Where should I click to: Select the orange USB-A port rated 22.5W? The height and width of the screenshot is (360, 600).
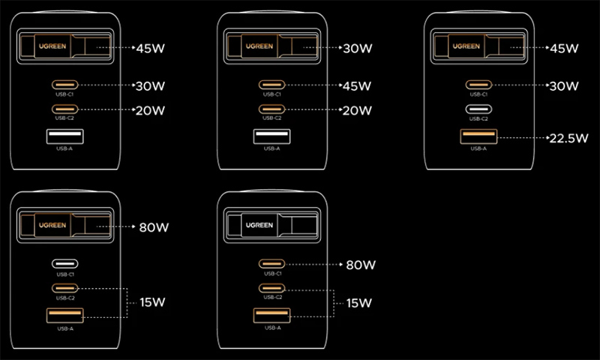coord(478,137)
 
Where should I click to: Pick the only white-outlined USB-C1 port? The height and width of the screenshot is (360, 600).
coord(64,264)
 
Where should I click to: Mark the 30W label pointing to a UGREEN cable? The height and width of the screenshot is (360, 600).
coord(357,49)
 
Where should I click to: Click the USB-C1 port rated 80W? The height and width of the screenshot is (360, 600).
coord(271,264)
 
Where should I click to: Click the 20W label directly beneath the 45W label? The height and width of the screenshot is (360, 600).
coord(357,110)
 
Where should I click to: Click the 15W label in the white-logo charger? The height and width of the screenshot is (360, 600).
coord(356,303)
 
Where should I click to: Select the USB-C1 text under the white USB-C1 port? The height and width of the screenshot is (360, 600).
coord(64,274)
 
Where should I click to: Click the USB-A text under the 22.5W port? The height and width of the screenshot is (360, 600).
coord(478,148)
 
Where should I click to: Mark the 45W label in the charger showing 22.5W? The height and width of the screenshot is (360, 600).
coord(564,49)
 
